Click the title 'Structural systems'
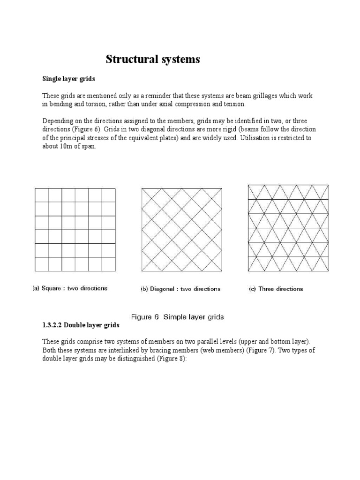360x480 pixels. click(x=152, y=60)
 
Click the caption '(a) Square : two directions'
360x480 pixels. click(x=70, y=288)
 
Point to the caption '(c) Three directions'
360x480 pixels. click(x=276, y=289)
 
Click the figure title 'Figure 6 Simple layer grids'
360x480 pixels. click(x=177, y=317)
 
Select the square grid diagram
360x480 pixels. click(x=75, y=230)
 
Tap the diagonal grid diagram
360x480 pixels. click(x=182, y=230)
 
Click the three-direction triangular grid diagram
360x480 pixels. click(x=282, y=228)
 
